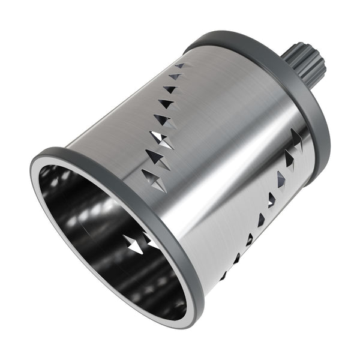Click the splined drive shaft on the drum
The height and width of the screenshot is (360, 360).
pyautogui.click(x=308, y=63)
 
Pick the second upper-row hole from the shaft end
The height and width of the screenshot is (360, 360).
pyautogui.click(x=176, y=76)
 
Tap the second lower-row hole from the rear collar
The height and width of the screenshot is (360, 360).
pyautogui.click(x=289, y=160)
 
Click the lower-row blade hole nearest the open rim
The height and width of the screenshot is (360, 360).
pyautogui.click(x=224, y=276)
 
